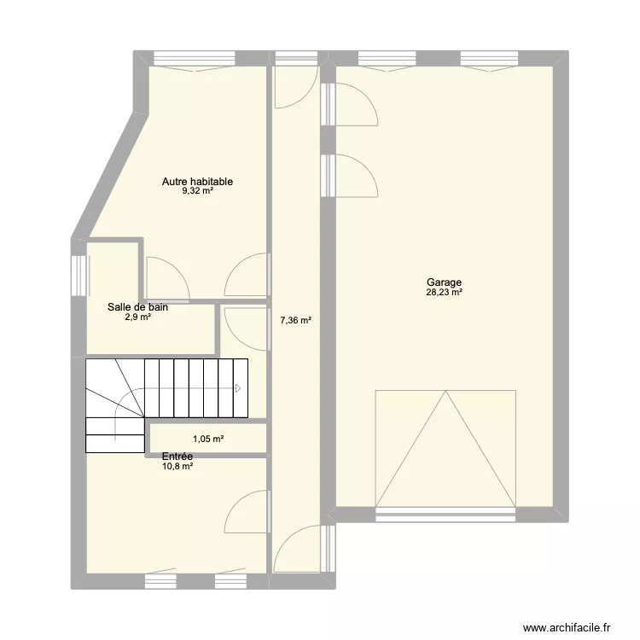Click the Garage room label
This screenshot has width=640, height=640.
point(444,282)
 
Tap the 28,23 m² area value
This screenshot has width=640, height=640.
point(444,292)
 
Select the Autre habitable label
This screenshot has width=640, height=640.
point(198,182)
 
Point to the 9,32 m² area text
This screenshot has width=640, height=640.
point(198,190)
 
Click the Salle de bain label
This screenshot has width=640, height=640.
point(137,307)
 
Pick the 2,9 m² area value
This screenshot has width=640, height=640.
point(138,317)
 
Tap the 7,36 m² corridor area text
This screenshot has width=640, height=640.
point(296,320)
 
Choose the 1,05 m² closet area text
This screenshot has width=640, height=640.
point(208,439)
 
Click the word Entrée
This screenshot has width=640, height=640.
point(177,457)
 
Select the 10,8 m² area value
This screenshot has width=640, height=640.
point(177,466)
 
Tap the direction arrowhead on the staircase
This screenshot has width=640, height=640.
point(238,388)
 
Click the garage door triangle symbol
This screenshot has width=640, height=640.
point(445,449)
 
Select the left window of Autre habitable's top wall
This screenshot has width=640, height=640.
point(195,58)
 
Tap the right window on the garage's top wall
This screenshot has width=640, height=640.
point(490,58)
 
